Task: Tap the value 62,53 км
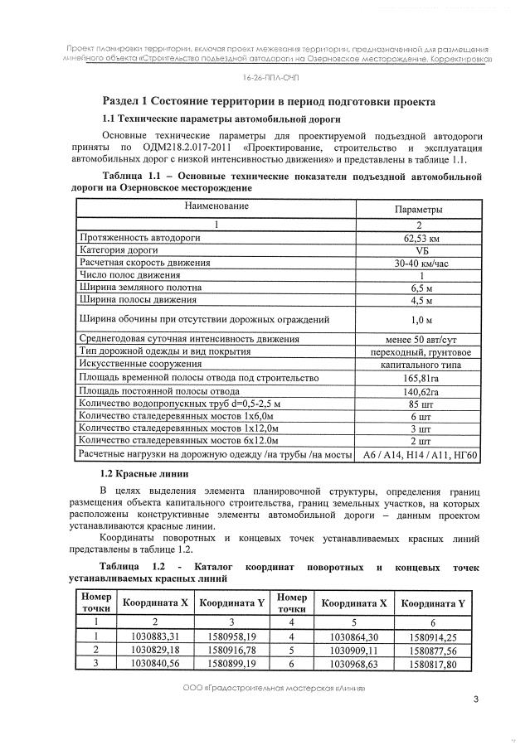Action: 418,238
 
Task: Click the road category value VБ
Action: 418,249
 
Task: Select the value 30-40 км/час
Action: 418,262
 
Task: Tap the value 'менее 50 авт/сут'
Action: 418,340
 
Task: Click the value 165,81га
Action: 418,378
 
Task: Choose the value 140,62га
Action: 418,391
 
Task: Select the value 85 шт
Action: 418,404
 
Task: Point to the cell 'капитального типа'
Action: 418,365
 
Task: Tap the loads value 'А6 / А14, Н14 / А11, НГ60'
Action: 418,455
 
